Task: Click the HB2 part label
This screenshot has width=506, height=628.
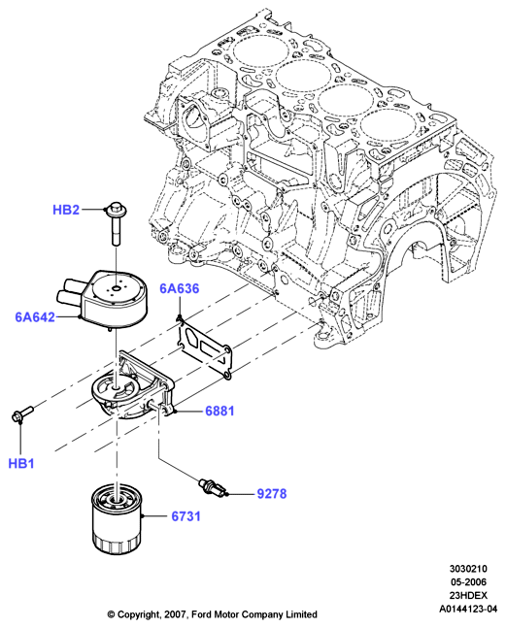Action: point(66,210)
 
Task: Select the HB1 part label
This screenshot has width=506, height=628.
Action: point(21,463)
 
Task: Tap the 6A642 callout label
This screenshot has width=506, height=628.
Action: point(35,317)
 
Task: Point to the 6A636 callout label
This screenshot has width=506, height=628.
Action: point(179,288)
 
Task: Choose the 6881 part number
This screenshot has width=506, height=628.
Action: point(219,411)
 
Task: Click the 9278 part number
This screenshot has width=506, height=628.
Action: point(272,494)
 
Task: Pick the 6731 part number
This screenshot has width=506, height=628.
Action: point(186,516)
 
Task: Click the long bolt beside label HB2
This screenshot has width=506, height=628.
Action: point(115,223)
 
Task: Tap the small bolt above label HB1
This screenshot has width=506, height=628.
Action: point(22,413)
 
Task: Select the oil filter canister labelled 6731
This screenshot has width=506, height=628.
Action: point(118,518)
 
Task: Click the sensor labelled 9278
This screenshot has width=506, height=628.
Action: point(213,487)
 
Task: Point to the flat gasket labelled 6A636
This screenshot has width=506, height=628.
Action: point(204,347)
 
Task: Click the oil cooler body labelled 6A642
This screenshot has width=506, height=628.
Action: point(105,298)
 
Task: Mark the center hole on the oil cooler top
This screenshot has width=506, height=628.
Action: point(117,288)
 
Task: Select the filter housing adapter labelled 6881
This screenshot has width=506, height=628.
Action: point(132,386)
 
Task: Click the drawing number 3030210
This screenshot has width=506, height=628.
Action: point(468,569)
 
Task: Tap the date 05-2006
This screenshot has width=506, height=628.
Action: point(468,581)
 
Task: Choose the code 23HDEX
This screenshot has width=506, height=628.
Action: point(468,595)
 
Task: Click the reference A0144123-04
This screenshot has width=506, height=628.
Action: point(468,609)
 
